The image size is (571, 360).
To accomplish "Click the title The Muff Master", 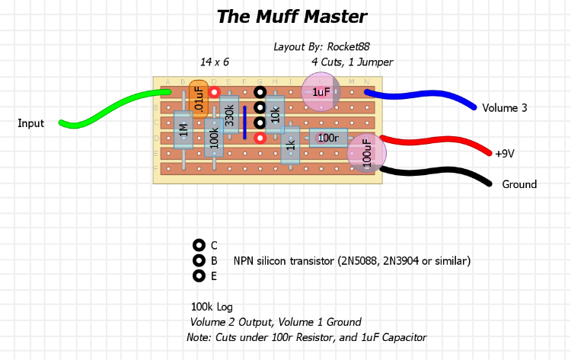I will [x=292, y=17].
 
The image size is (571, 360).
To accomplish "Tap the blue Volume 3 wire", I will [x=426, y=94].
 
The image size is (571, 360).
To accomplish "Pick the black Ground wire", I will [x=442, y=170].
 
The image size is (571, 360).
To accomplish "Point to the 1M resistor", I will [x=183, y=133].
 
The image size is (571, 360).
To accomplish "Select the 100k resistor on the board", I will [x=214, y=137].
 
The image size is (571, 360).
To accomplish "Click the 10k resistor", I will [x=275, y=114].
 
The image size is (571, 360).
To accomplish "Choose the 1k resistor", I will [x=290, y=145].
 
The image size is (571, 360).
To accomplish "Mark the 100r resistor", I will [x=328, y=138].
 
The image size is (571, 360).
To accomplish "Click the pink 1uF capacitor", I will [x=321, y=92].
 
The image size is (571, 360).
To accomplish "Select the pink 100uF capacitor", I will [x=367, y=152].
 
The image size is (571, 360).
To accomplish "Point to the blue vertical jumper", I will [x=244, y=123].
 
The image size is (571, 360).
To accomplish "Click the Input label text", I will [x=31, y=123].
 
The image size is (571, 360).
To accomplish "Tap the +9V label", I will [x=505, y=154].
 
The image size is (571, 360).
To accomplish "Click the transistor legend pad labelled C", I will [x=199, y=245].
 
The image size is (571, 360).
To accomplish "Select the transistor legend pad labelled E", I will [x=199, y=276].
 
